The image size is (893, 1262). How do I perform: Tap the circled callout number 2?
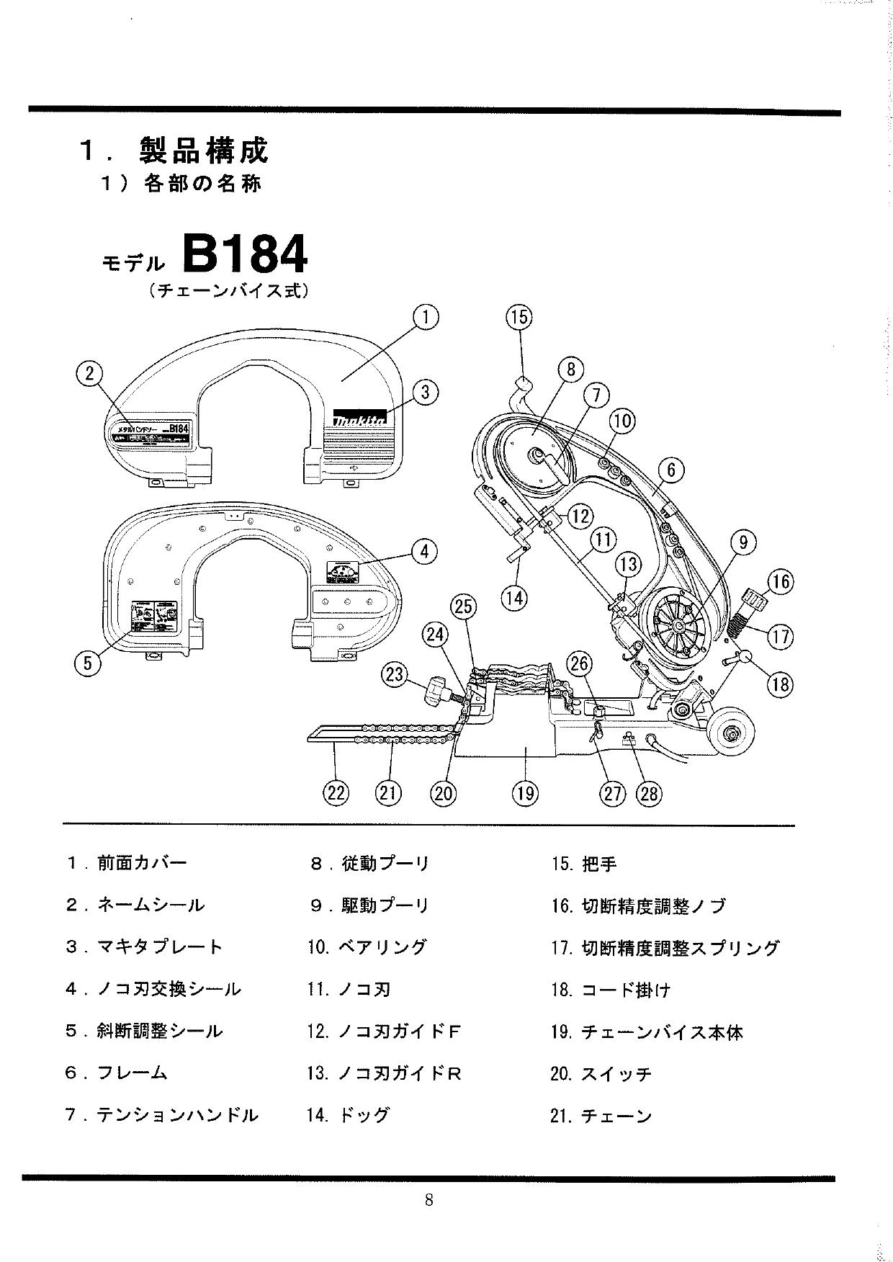89,373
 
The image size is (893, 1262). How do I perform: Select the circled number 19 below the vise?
524,793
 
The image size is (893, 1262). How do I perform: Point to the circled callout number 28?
648,793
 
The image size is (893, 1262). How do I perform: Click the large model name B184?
245,253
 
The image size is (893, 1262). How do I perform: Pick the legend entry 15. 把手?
584,864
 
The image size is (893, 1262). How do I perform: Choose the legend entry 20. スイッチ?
601,1074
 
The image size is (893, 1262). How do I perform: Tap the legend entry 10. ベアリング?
367,947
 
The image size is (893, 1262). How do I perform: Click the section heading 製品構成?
204,150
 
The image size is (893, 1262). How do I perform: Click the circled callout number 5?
88,662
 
